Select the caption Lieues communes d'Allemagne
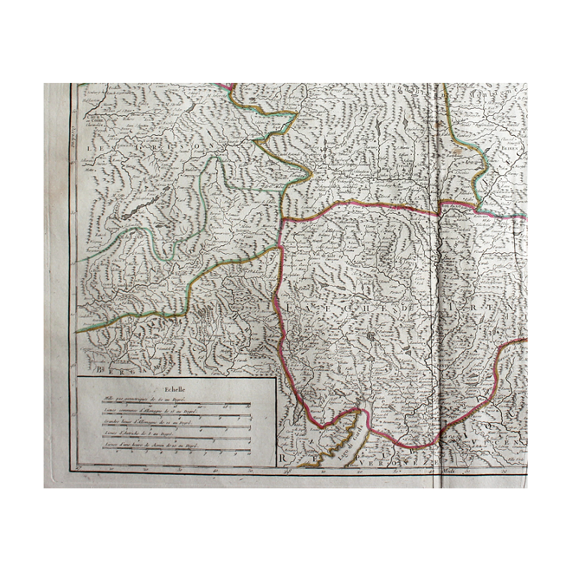pyautogui.click(x=150, y=410)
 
